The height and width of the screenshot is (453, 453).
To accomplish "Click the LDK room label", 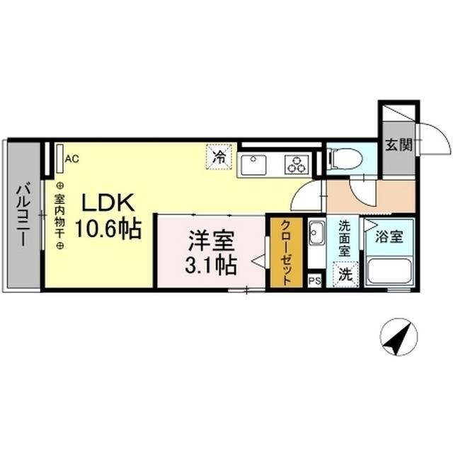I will pyautogui.click(x=108, y=203).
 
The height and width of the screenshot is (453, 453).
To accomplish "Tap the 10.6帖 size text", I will pyautogui.click(x=109, y=229).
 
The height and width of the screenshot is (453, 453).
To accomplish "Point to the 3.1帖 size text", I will pyautogui.click(x=211, y=265).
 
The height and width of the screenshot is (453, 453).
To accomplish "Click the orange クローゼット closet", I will pyautogui.click(x=286, y=253).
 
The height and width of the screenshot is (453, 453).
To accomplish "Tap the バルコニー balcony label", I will pyautogui.click(x=22, y=214).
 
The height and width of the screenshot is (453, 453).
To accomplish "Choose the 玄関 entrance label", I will pyautogui.click(x=398, y=144).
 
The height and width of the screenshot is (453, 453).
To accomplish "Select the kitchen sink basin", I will pyautogui.click(x=252, y=166).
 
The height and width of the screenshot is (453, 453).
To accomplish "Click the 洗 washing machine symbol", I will pyautogui.click(x=345, y=275).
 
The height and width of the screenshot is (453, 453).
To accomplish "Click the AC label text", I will pyautogui.click(x=71, y=159).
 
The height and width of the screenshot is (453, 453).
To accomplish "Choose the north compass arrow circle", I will pyautogui.click(x=398, y=338).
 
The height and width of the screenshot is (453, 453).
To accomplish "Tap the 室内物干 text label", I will pyautogui.click(x=59, y=215).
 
